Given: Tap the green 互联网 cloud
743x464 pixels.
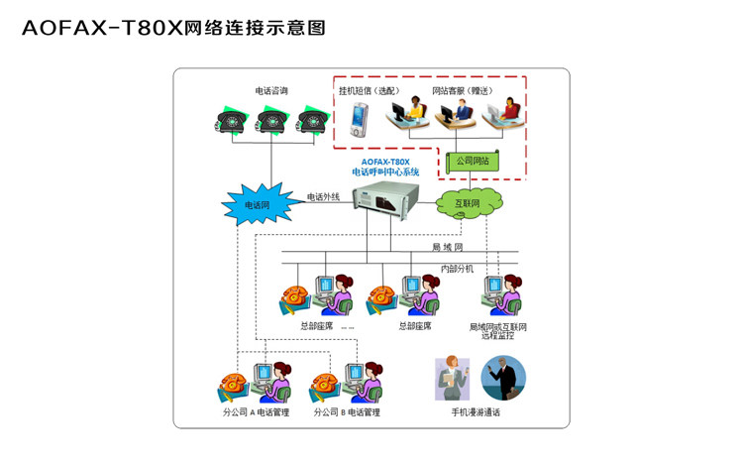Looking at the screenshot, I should point(467,203).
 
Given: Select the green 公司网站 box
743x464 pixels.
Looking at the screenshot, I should point(472,160).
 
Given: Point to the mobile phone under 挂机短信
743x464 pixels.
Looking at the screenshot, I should point(358,121).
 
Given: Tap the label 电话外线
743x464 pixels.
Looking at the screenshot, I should point(323,196).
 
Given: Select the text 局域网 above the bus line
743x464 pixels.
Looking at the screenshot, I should point(447,246).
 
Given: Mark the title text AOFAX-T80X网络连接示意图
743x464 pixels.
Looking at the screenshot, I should point(174,28).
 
